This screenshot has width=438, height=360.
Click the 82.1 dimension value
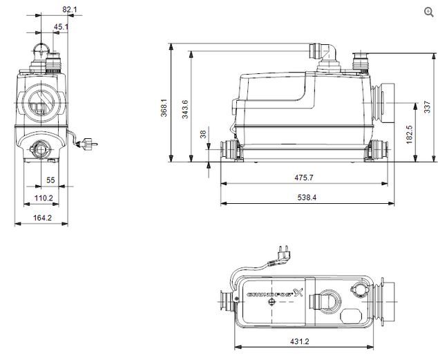pyautogui.click(x=69, y=10)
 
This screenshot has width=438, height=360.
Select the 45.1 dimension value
pyautogui.click(x=61, y=27)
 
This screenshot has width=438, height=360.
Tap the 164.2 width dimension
pyautogui.click(x=42, y=218)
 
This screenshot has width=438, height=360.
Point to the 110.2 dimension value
pyautogui.click(x=44, y=198)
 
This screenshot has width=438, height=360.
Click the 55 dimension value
pyautogui.click(x=50, y=180)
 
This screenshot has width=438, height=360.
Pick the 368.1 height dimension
pyautogui.click(x=164, y=108)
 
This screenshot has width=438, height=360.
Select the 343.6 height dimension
pyautogui.click(x=185, y=109)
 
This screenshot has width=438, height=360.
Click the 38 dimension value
pyautogui.click(x=203, y=134)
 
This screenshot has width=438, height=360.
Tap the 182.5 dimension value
pyautogui.click(x=409, y=134)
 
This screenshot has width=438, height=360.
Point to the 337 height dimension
pyautogui.click(x=428, y=107)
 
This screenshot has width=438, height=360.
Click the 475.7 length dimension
pyautogui.click(x=304, y=178)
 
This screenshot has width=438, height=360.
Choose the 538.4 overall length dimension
pyautogui.click(x=307, y=198)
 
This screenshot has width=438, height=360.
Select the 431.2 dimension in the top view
pyautogui.click(x=300, y=341)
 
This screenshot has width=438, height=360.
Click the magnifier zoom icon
pyautogui.click(x=429, y=12)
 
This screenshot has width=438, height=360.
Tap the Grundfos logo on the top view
pyautogui.click(x=274, y=293)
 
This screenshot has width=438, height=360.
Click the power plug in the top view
pyautogui.click(x=283, y=255)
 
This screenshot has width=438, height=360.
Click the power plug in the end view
pyautogui.click(x=87, y=144)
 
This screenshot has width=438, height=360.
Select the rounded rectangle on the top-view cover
pyautogui.click(x=351, y=315)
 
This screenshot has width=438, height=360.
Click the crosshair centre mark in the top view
pyautogui.click(x=272, y=302)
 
